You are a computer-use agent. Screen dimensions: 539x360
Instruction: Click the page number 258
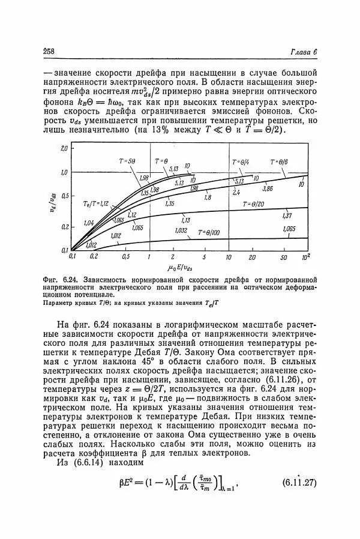point(49,52)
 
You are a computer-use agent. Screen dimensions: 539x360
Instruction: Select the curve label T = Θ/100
point(210,232)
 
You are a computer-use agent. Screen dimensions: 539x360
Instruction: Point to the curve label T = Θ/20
point(256,203)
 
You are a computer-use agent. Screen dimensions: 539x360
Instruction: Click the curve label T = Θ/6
point(279,161)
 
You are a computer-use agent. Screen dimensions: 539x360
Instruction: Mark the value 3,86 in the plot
point(266,188)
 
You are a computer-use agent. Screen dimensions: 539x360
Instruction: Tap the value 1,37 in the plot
point(286,215)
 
